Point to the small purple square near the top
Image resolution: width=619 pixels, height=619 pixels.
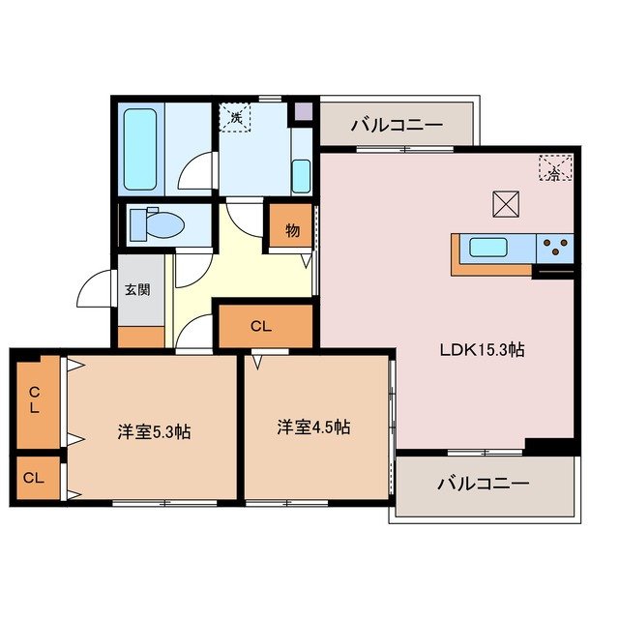click(x=303, y=110)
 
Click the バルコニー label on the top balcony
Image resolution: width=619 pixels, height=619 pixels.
click(x=397, y=125)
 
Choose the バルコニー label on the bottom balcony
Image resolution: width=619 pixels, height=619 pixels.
click(x=483, y=483)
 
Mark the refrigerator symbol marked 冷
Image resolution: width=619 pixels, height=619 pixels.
click(x=554, y=169)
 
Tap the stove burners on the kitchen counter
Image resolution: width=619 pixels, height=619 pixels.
click(x=556, y=248)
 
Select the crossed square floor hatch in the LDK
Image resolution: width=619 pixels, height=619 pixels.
click(x=505, y=205)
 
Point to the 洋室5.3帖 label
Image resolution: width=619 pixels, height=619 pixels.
click(x=153, y=430)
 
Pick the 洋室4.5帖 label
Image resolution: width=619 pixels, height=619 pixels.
click(x=313, y=427)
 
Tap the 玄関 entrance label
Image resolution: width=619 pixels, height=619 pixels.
click(x=137, y=288)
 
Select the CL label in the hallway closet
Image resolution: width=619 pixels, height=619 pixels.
click(x=260, y=327)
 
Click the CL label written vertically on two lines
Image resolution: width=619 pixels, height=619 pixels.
click(x=35, y=400)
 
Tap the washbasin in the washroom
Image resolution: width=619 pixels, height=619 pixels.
click(x=301, y=176)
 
